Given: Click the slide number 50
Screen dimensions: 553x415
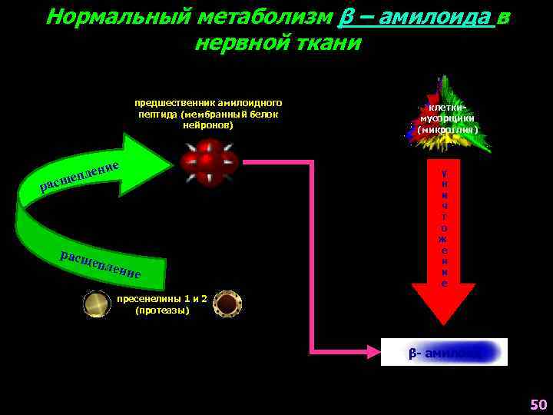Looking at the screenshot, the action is click(x=538, y=404).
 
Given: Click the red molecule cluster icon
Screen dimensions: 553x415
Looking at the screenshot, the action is click(x=208, y=161).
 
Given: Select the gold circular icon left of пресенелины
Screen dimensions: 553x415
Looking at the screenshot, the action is click(x=97, y=304).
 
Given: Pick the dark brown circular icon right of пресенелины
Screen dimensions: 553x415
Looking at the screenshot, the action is click(x=227, y=304).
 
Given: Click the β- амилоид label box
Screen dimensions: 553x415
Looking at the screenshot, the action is click(x=445, y=352).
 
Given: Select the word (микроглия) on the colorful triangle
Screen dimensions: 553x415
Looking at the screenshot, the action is click(x=448, y=131).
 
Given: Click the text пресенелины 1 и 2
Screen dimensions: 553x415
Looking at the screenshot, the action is click(x=162, y=299).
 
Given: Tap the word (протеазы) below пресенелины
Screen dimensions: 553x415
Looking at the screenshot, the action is click(x=161, y=310).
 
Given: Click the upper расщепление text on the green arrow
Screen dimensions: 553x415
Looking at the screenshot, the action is click(x=80, y=175).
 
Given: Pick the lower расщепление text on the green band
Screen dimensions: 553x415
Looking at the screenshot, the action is click(x=100, y=264).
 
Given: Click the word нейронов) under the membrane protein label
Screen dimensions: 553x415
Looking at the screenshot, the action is click(x=208, y=125).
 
